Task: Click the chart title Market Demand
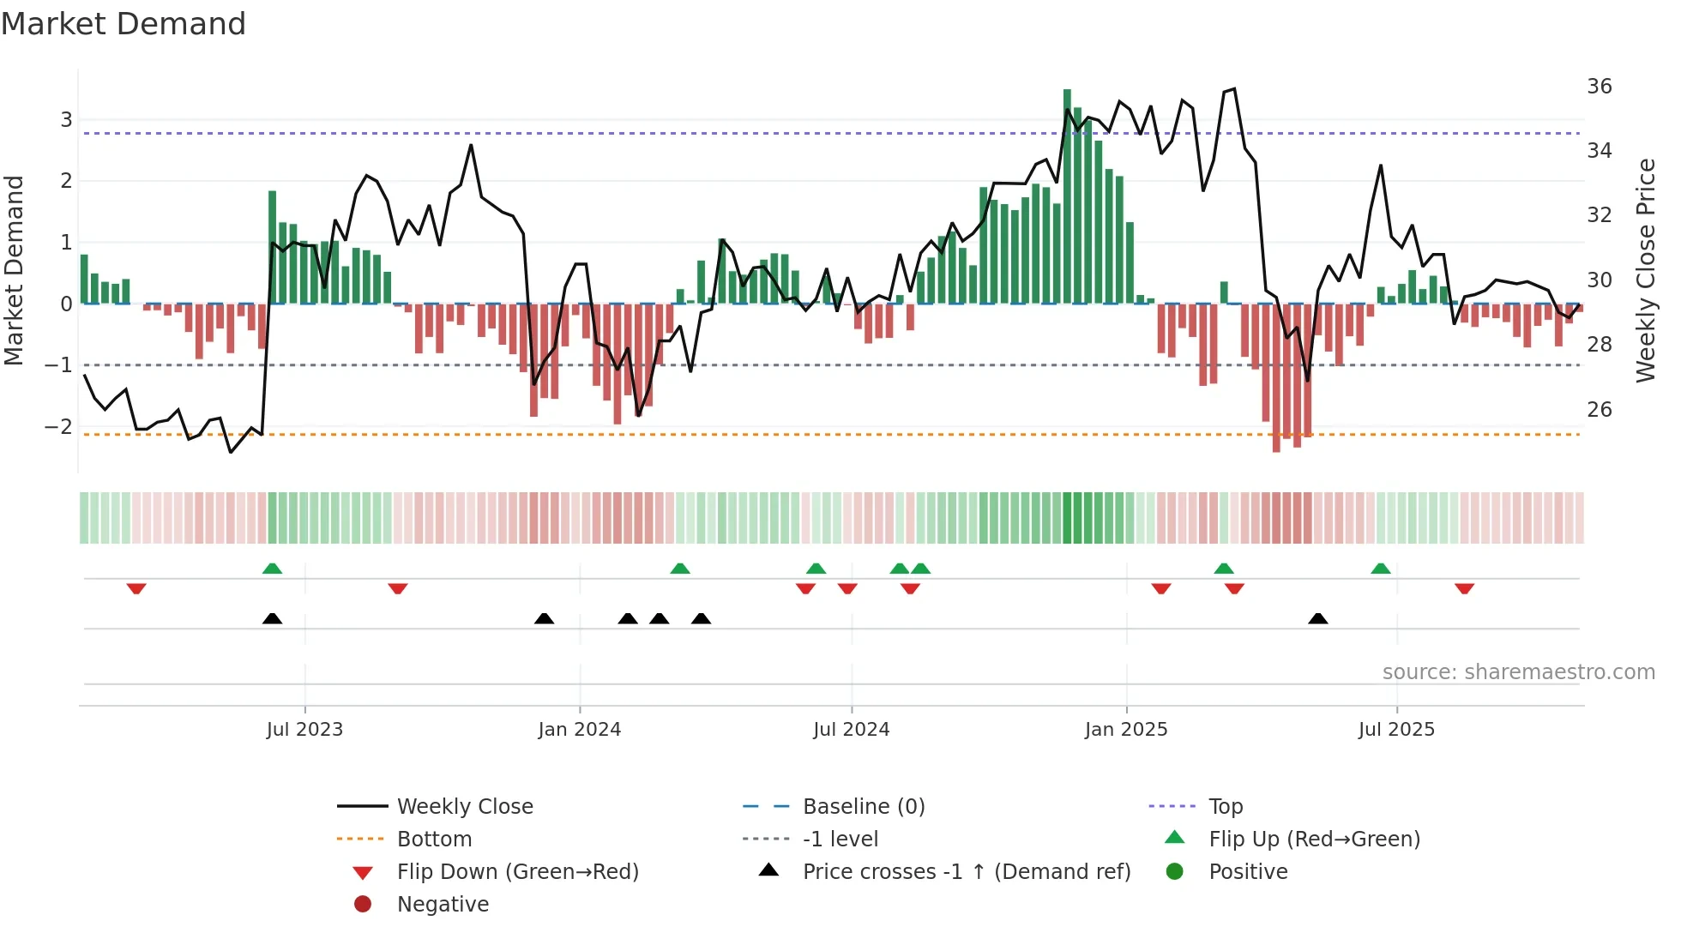(x=124, y=24)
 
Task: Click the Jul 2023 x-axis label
(x=304, y=730)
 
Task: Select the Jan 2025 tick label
(x=1125, y=730)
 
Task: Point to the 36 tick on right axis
(x=1599, y=87)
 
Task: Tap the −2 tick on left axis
(x=58, y=426)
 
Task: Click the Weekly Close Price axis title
(x=1645, y=270)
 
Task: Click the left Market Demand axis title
(x=14, y=270)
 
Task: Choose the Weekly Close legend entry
(x=464, y=806)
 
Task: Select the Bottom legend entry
(x=434, y=839)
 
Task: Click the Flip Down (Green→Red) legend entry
(x=517, y=871)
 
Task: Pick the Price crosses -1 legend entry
(x=966, y=871)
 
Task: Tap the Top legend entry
(x=1226, y=806)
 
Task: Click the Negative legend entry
(x=443, y=904)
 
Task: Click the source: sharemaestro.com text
(x=1518, y=672)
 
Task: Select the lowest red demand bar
(x=1276, y=377)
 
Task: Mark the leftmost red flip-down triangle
(x=136, y=588)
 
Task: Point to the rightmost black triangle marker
(x=1318, y=618)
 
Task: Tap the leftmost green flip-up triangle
(x=272, y=569)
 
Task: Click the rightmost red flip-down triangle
(x=1464, y=588)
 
